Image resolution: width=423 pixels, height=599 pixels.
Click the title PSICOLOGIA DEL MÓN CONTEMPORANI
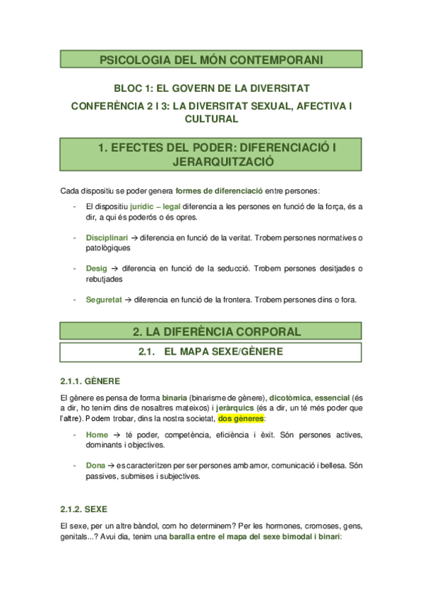[212, 60]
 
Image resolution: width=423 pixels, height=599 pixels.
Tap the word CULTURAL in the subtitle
[212, 119]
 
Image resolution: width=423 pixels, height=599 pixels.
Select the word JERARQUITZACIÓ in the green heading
[212, 162]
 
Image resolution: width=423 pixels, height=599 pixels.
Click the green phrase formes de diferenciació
[219, 191]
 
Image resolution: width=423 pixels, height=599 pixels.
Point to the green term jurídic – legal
[155, 206]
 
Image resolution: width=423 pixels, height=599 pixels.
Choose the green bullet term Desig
[97, 268]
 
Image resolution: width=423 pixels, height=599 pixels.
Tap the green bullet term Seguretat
[103, 299]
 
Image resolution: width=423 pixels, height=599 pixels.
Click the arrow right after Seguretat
[128, 299]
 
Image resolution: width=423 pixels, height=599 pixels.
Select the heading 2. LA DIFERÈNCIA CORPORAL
[212, 331]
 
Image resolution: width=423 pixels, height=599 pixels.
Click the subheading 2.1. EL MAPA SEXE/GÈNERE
[212, 351]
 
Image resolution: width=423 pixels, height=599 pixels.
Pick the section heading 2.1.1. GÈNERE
[90, 381]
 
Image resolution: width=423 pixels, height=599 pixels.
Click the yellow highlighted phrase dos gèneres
[240, 418]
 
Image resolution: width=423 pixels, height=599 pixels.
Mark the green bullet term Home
[97, 434]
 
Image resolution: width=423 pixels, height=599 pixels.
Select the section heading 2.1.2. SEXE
[84, 508]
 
